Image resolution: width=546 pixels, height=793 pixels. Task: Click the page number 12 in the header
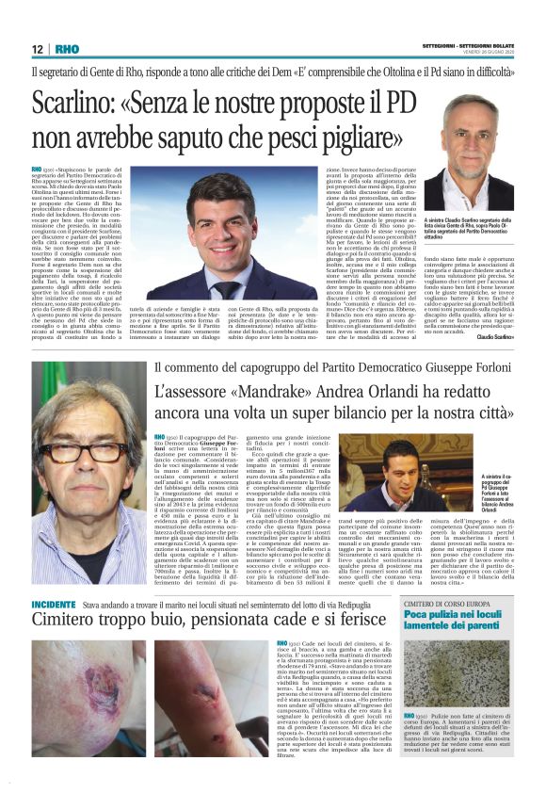click(x=37, y=48)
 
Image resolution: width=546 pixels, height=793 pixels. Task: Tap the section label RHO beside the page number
click(x=66, y=48)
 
